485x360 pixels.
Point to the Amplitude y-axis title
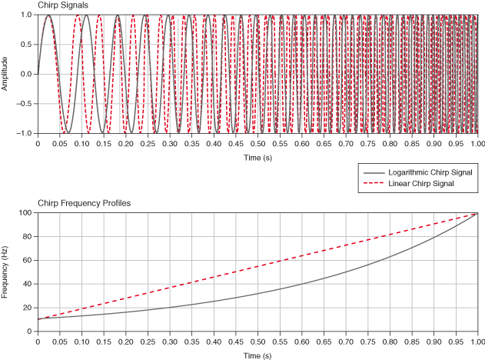pos(5,74)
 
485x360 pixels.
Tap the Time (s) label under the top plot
pos(257,157)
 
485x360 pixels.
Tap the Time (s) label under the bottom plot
pos(257,356)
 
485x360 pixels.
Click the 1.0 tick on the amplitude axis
pos(26,15)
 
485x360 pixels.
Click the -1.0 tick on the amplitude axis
pos(25,133)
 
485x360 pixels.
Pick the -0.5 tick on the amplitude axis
pos(25,104)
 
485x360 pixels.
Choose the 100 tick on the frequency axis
pos(25,212)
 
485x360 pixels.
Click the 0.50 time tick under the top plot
pos(257,143)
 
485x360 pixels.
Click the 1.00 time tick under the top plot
pos(477,143)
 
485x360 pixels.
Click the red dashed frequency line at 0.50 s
pos(257,266)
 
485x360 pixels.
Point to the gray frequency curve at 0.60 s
pos(301,284)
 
